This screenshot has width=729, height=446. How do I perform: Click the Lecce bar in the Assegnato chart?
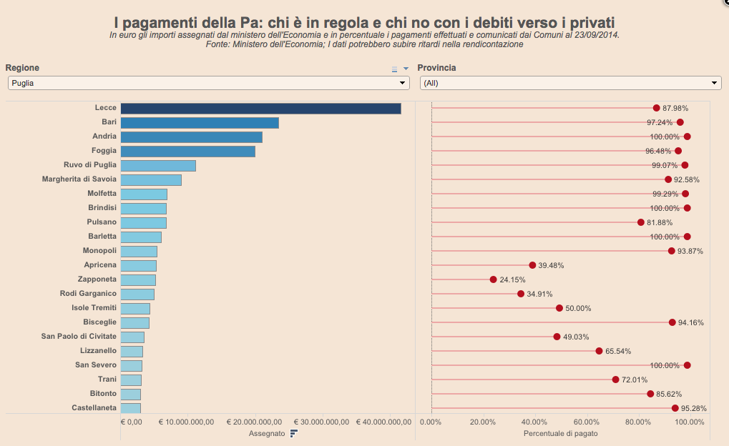[x=260, y=109]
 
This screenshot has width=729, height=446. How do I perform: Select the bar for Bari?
[x=200, y=123]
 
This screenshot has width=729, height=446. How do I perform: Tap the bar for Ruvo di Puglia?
[x=158, y=166]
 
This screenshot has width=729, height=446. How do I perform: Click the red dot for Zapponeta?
[x=493, y=279]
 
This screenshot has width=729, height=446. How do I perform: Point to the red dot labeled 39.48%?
[x=532, y=265]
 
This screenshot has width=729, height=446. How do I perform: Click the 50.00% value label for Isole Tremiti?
[x=578, y=308]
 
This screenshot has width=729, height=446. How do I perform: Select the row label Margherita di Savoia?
[x=79, y=179]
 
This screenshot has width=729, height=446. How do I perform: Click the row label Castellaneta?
[x=94, y=408]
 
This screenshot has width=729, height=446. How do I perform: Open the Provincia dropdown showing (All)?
[x=570, y=83]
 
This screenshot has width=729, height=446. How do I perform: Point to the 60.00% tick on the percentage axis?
[x=587, y=422]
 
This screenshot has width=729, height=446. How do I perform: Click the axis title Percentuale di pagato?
[x=560, y=433]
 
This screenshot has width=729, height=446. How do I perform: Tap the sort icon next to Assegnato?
[x=293, y=433]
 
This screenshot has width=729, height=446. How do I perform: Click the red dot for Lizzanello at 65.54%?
[x=599, y=351]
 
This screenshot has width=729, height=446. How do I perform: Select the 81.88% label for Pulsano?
[x=661, y=222]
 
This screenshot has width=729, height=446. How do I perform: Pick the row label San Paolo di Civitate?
[x=79, y=337]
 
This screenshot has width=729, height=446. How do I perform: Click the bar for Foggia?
[x=188, y=152]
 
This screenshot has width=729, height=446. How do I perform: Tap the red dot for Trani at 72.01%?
[x=615, y=380]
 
